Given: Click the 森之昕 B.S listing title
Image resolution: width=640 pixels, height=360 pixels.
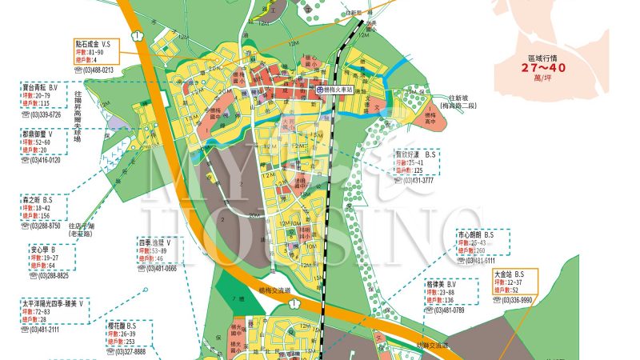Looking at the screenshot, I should point(37,198).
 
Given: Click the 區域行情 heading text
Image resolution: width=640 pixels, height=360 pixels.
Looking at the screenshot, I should point(544,58).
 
